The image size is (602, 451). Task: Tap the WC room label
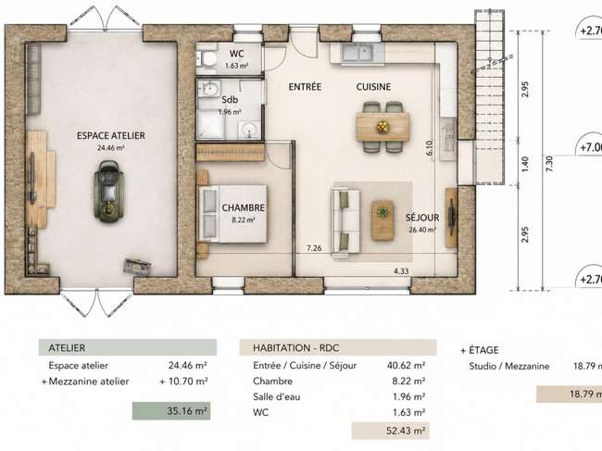click(x=236, y=54)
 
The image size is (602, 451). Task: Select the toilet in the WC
click(x=207, y=59)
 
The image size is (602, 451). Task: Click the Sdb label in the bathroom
click(x=230, y=100)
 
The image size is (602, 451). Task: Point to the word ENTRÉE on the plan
click(x=305, y=87)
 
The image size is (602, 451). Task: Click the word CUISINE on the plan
click(x=373, y=87)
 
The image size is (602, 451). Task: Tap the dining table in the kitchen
click(x=383, y=127)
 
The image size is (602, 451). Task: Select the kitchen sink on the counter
click(x=357, y=52)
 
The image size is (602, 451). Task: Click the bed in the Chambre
click(x=232, y=214)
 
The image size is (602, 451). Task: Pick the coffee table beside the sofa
click(x=383, y=220)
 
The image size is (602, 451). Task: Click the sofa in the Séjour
click(x=346, y=220)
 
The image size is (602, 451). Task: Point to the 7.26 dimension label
click(x=314, y=248)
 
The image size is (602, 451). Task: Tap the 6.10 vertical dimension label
click(x=429, y=148)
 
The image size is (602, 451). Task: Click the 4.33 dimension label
click(x=401, y=271)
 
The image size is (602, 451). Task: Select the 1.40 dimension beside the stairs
click(x=526, y=164)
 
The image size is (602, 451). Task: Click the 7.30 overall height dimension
click(x=549, y=164)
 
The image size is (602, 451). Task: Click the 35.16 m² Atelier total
click(x=187, y=411)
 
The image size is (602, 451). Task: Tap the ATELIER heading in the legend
click(x=67, y=348)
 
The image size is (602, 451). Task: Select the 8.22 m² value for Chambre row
click(x=408, y=382)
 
